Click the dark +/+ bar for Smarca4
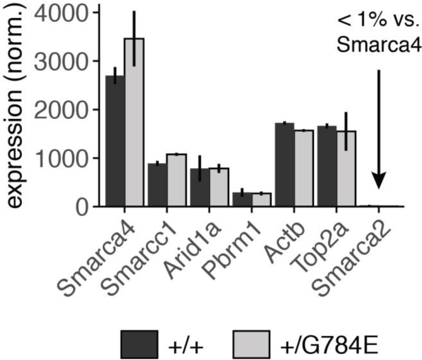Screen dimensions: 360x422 (115, 141)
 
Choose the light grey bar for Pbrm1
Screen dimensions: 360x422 (261, 200)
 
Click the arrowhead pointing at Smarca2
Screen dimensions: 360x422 (378, 180)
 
